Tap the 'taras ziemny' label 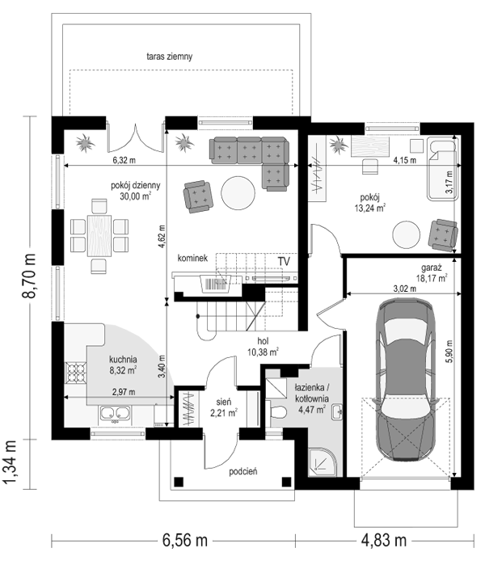pos(170,57)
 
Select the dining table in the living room pos(99,236)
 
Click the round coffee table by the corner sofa pos(238,192)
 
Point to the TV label pos(284,261)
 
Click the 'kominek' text pos(192,258)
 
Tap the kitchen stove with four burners pos(76,373)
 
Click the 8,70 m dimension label pos(29,276)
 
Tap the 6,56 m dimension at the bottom pos(185,541)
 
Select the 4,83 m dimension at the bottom pos(384,541)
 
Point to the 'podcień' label pos(242,471)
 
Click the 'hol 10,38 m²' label pos(263,347)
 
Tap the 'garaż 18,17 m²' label pos(430,272)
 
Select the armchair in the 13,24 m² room pos(443,234)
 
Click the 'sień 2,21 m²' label pos(224,407)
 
